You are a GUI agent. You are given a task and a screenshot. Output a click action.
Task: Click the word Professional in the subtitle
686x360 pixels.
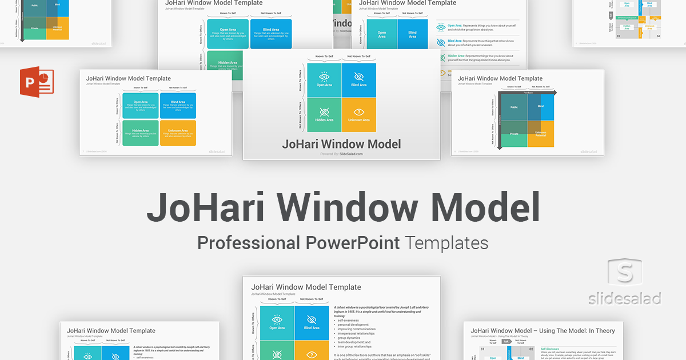(248, 243)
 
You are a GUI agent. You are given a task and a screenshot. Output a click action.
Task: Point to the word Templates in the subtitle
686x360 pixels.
(446, 243)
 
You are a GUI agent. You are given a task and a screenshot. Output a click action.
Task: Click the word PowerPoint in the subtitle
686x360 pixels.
(352, 243)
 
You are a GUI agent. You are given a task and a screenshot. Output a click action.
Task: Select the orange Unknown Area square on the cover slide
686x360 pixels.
(359, 114)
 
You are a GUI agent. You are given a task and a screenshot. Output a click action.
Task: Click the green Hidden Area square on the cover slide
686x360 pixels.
(324, 114)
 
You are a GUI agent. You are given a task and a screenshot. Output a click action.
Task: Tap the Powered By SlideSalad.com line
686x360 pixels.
(341, 154)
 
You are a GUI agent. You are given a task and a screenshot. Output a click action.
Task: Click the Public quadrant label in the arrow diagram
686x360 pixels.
(514, 107)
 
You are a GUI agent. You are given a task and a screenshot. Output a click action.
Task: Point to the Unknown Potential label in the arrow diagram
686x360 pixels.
(541, 134)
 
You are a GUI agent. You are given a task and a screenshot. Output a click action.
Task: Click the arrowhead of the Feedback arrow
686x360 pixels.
(554, 92)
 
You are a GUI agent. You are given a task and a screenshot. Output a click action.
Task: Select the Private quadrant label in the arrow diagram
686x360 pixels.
(514, 134)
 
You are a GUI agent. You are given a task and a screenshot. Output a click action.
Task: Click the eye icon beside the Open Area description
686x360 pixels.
(441, 27)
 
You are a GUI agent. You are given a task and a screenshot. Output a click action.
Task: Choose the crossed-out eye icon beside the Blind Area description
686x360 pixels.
(441, 42)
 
